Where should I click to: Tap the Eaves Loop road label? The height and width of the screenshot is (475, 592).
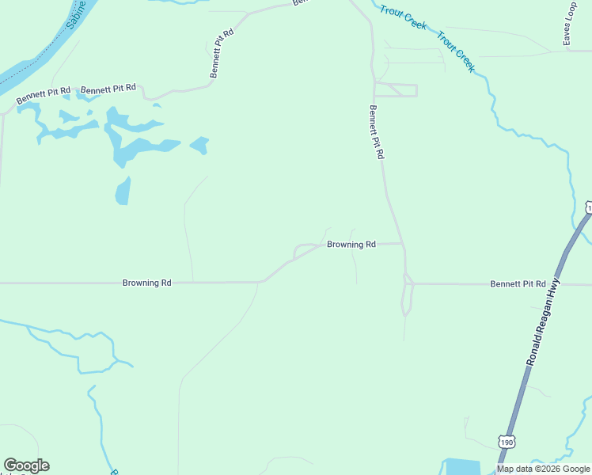[x=569, y=24]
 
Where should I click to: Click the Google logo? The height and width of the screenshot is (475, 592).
[x=26, y=465]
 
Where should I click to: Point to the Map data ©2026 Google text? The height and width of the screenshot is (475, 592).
[x=544, y=469]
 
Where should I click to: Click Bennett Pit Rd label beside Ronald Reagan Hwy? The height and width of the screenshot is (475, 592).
[x=518, y=283]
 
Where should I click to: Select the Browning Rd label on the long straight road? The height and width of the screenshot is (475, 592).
[x=146, y=283]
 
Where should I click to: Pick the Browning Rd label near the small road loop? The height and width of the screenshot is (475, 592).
[x=351, y=245]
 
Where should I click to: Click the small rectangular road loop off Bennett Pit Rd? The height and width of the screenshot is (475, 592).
[x=396, y=89]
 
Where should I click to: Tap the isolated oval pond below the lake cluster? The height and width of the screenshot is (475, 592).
[x=123, y=191]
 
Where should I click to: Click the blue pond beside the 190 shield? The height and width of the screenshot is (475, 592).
[x=458, y=467]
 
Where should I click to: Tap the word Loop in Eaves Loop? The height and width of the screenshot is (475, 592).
[x=571, y=12]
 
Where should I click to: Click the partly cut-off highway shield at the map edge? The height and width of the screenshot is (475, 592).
[x=588, y=207]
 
